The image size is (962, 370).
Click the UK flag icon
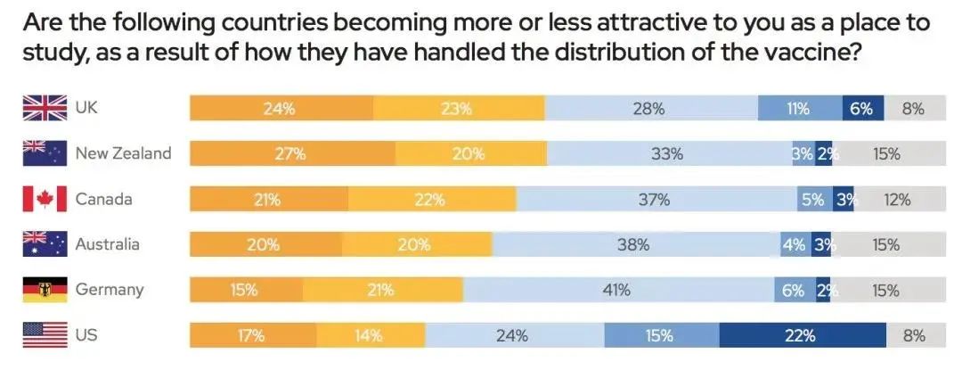pos(45,109)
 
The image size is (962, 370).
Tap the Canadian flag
pos(45,199)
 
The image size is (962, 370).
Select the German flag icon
pos(45,290)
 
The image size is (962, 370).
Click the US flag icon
pos(45,335)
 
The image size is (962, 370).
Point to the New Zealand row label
pos(123,153)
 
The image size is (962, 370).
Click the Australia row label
pos(107,244)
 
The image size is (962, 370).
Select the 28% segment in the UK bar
pos(650,109)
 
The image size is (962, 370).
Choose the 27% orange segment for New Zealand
pos(292,153)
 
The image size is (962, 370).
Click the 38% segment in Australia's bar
pos(636,244)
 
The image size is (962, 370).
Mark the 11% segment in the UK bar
pos(799,109)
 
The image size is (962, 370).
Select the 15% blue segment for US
pos(661,335)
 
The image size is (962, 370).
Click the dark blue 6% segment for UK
pos(862,109)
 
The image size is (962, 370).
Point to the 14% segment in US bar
pos(370,335)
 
